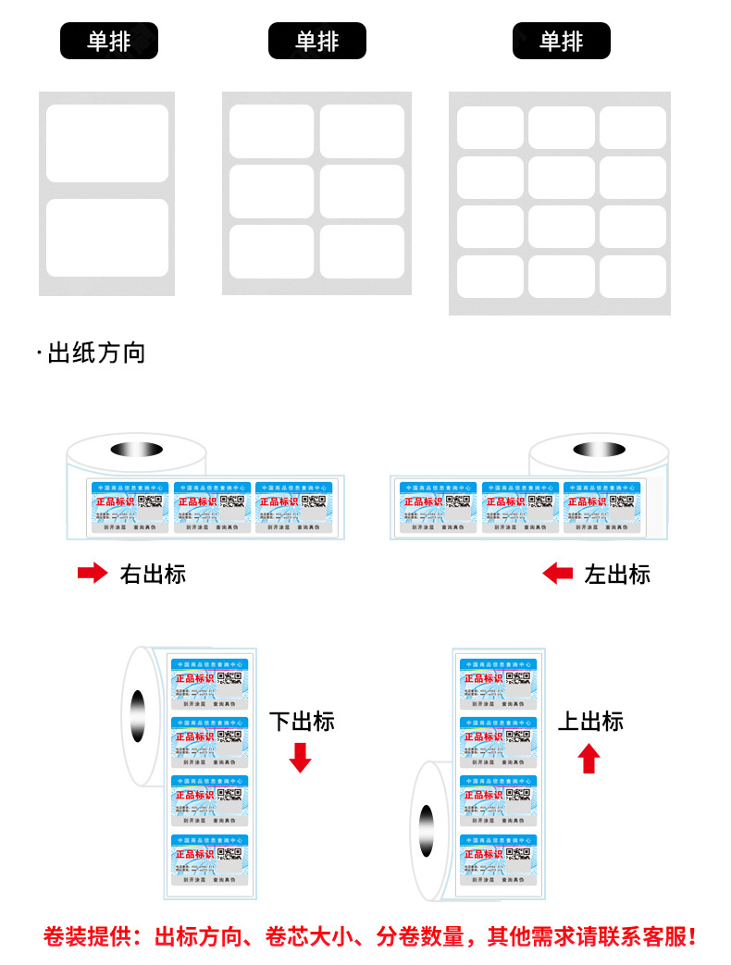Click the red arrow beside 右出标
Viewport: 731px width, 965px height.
[92, 574]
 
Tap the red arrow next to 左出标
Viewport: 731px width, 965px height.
[557, 574]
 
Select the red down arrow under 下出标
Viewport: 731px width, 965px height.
[301, 757]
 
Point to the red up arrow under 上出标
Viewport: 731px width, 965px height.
[589, 759]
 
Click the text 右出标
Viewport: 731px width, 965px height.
[153, 574]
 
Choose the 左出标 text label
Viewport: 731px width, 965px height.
[617, 574]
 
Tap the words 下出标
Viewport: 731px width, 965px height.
[302, 722]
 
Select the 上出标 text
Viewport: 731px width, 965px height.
[590, 722]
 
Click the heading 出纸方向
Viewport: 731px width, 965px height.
[96, 353]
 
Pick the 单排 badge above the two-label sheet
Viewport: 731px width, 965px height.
[109, 42]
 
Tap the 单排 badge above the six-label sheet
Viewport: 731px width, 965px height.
[317, 42]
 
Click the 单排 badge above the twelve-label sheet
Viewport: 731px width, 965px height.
[562, 42]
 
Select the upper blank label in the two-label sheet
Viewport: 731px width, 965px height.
[107, 143]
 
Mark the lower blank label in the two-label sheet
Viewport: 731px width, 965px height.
[107, 238]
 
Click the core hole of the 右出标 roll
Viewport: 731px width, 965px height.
[136, 450]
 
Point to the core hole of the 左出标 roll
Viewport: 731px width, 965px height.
[599, 450]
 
